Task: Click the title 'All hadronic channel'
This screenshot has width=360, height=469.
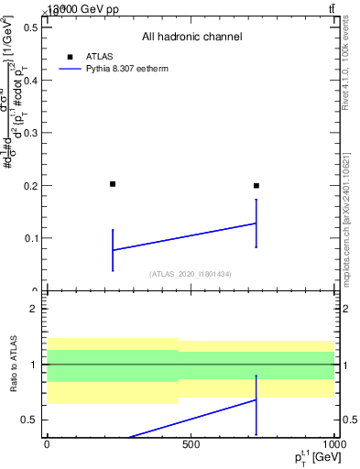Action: pos(191,37)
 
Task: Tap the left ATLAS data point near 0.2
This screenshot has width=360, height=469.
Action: pos(113,184)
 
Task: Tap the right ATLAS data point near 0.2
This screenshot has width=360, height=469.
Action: pos(256,186)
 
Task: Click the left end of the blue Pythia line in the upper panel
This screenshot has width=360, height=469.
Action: pos(113,250)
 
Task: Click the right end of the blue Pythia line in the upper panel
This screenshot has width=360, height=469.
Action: pos(256,224)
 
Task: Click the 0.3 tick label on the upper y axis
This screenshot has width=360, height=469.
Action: pos(31,133)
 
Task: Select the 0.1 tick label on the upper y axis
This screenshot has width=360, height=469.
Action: pos(31,238)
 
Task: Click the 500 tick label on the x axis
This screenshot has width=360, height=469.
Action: pos(191,444)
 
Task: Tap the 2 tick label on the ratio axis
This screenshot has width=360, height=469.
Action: pos(34,309)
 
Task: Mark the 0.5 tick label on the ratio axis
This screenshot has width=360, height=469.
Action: pos(31,420)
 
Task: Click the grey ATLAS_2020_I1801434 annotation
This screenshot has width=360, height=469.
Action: pos(191,274)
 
